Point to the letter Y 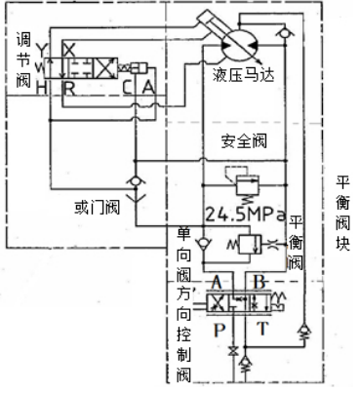(40, 51)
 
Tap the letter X (68, 48)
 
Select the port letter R (69, 89)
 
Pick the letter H (40, 88)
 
